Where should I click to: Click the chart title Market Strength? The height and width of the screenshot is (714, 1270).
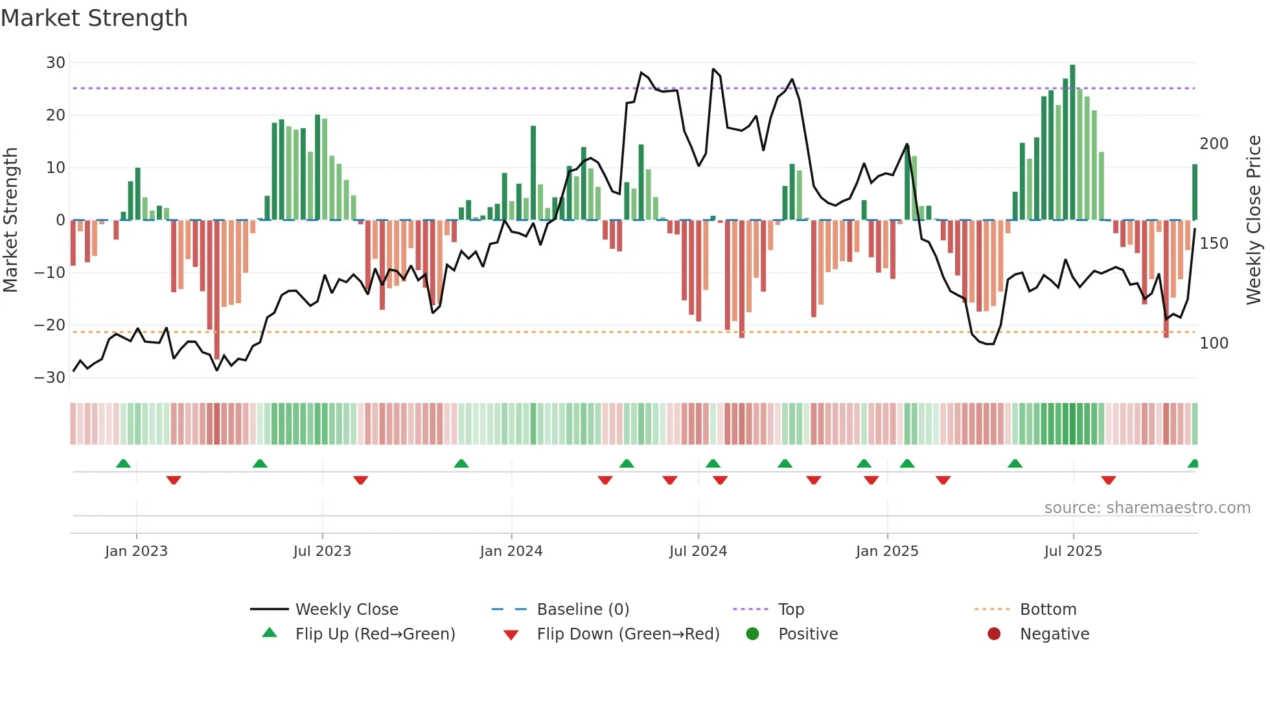[x=94, y=18]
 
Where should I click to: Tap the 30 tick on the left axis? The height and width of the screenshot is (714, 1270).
[x=56, y=63]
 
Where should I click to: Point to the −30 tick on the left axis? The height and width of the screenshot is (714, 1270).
[x=50, y=378]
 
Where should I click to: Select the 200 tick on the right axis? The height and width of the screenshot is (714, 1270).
[x=1214, y=144]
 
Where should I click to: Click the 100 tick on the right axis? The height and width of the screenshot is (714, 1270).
[x=1214, y=343]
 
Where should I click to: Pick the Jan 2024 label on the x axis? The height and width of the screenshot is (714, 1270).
[x=511, y=551]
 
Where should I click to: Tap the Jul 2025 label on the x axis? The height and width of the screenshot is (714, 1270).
[x=1073, y=551]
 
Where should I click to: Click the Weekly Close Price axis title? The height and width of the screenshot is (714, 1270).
[x=1254, y=220]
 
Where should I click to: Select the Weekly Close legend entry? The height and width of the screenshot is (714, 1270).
[x=346, y=610]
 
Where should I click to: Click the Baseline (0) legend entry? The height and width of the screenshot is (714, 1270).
[x=583, y=610]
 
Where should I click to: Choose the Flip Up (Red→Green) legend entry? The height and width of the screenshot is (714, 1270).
[x=375, y=634]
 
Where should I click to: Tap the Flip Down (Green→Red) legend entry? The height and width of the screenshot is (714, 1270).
[x=628, y=634]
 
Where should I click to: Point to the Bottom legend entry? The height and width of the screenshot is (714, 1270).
[x=1048, y=610]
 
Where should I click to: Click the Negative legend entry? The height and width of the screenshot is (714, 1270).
[x=1054, y=634]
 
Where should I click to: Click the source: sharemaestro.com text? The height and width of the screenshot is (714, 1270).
[x=1147, y=508]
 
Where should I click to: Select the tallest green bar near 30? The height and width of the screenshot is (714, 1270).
[x=1072, y=143]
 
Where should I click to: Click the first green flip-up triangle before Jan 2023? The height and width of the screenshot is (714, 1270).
[x=123, y=464]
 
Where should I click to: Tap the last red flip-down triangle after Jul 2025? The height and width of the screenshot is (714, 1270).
[x=1108, y=480]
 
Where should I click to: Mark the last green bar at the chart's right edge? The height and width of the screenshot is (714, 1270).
[x=1195, y=192]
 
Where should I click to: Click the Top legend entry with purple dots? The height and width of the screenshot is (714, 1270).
[x=791, y=610]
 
